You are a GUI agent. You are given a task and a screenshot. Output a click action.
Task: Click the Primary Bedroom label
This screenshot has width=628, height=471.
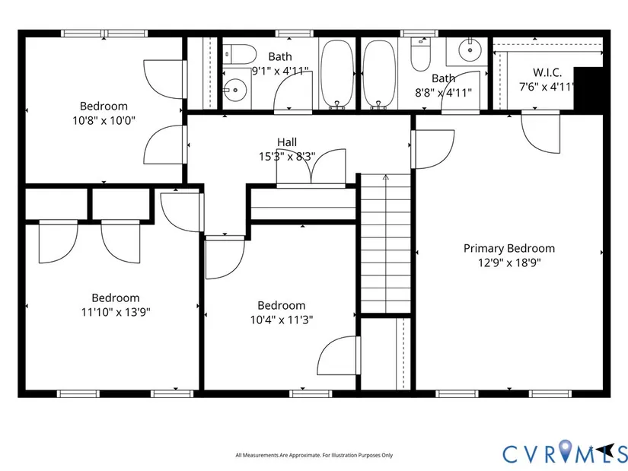pyautogui.click(x=509, y=248)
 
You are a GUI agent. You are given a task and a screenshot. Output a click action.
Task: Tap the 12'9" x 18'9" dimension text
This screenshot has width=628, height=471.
pyautogui.click(x=509, y=263)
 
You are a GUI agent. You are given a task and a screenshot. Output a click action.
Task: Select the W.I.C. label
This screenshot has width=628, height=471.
pyautogui.click(x=547, y=72)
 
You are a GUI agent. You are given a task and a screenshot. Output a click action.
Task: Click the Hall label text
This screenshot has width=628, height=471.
pyautogui.click(x=287, y=142)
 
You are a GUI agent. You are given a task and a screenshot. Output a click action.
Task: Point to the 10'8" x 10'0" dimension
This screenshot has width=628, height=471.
pyautogui.click(x=104, y=120)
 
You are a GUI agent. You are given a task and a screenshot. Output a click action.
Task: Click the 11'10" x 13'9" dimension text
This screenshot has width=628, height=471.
pyautogui.click(x=116, y=312)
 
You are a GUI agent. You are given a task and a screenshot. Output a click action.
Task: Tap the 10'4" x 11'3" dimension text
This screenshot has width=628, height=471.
pyautogui.click(x=282, y=320)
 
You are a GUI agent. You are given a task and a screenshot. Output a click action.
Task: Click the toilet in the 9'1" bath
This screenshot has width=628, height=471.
pyautogui.click(x=240, y=54)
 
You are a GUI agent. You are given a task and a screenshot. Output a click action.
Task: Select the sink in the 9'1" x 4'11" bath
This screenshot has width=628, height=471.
pyautogui.click(x=236, y=88)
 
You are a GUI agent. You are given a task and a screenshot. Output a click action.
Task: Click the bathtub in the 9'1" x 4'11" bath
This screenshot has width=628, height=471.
pyautogui.click(x=338, y=74)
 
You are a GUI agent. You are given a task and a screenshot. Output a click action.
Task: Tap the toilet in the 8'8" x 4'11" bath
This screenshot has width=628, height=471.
pyautogui.click(x=420, y=55)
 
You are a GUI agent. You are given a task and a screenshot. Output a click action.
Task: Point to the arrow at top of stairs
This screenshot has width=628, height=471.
pyautogui.click(x=386, y=178)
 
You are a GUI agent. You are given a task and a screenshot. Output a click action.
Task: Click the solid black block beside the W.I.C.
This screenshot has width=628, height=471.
pyautogui.click(x=588, y=88)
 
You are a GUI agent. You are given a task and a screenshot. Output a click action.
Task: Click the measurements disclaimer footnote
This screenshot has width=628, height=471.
pyautogui.click(x=314, y=455)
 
